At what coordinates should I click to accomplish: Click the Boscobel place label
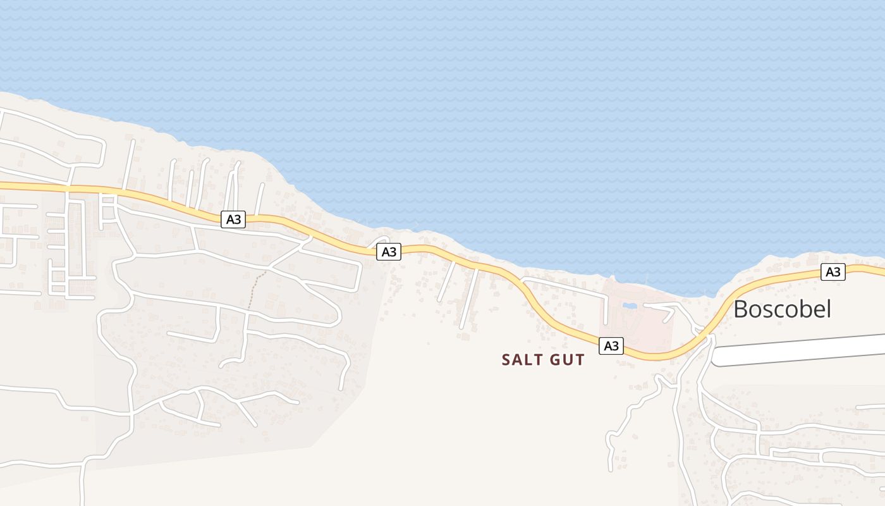pyautogui.click(x=782, y=309)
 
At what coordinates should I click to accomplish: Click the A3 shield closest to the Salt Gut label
pyautogui.click(x=611, y=346)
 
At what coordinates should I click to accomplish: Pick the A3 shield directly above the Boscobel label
pyautogui.click(x=833, y=272)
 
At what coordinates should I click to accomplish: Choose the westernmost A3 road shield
pyautogui.click(x=233, y=219)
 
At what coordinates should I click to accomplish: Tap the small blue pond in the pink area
pyautogui.click(x=630, y=306)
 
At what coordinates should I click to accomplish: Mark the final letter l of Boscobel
pyautogui.click(x=828, y=308)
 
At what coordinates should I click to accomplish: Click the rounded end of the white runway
pyautogui.click(x=717, y=357)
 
